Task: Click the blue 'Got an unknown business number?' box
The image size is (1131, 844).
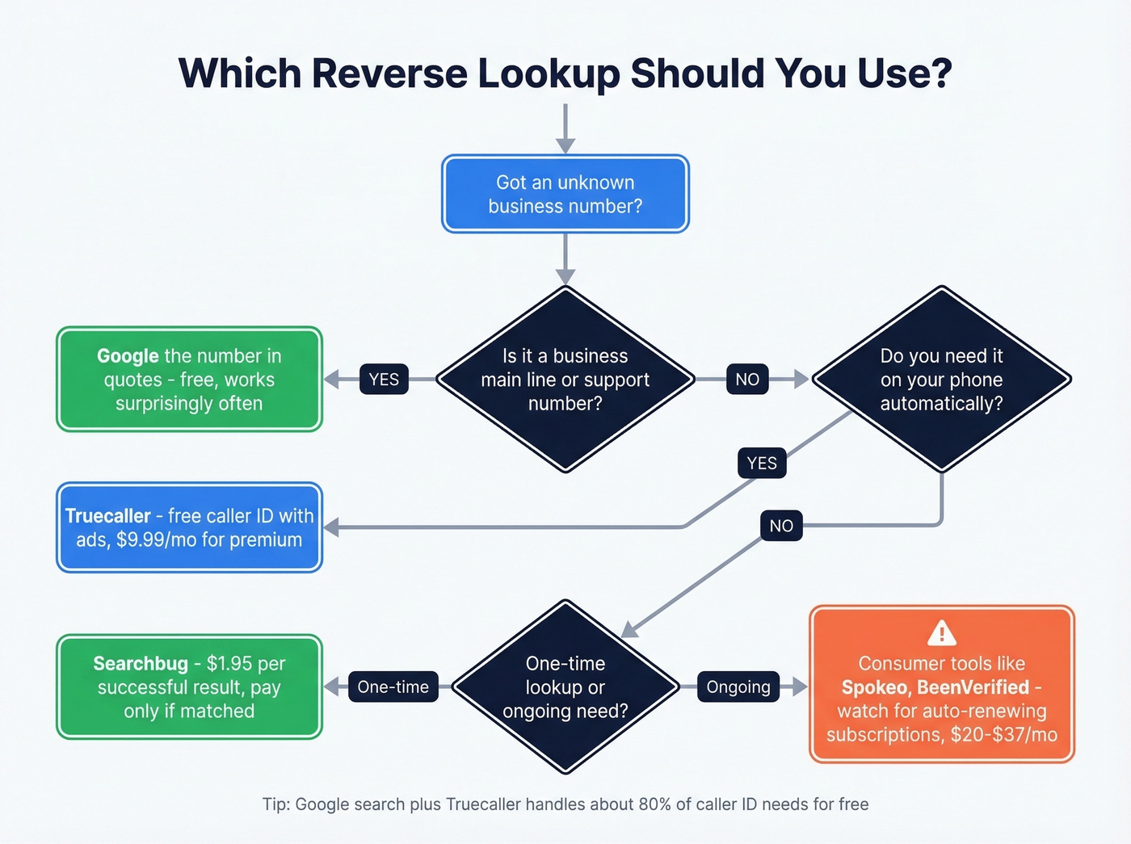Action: point(565,194)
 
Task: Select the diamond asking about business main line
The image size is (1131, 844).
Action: point(565,379)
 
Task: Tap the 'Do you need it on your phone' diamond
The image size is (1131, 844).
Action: point(941,379)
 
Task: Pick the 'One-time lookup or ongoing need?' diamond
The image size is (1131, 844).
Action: point(565,687)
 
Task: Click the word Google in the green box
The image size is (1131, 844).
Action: point(128,356)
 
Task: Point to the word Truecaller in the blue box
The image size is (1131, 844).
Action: point(107,516)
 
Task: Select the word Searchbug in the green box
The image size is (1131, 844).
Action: point(141,664)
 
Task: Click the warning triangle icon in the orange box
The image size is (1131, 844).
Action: point(942,632)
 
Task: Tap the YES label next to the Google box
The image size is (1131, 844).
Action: point(384,380)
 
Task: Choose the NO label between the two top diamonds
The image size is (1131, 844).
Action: point(747,380)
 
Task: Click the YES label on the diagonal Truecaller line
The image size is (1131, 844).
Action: point(762,464)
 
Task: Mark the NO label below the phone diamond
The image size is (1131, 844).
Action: point(781,526)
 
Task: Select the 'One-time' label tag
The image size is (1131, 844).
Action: point(393,687)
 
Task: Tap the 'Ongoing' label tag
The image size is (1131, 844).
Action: point(738,687)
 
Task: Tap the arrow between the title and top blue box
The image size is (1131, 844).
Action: point(565,129)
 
